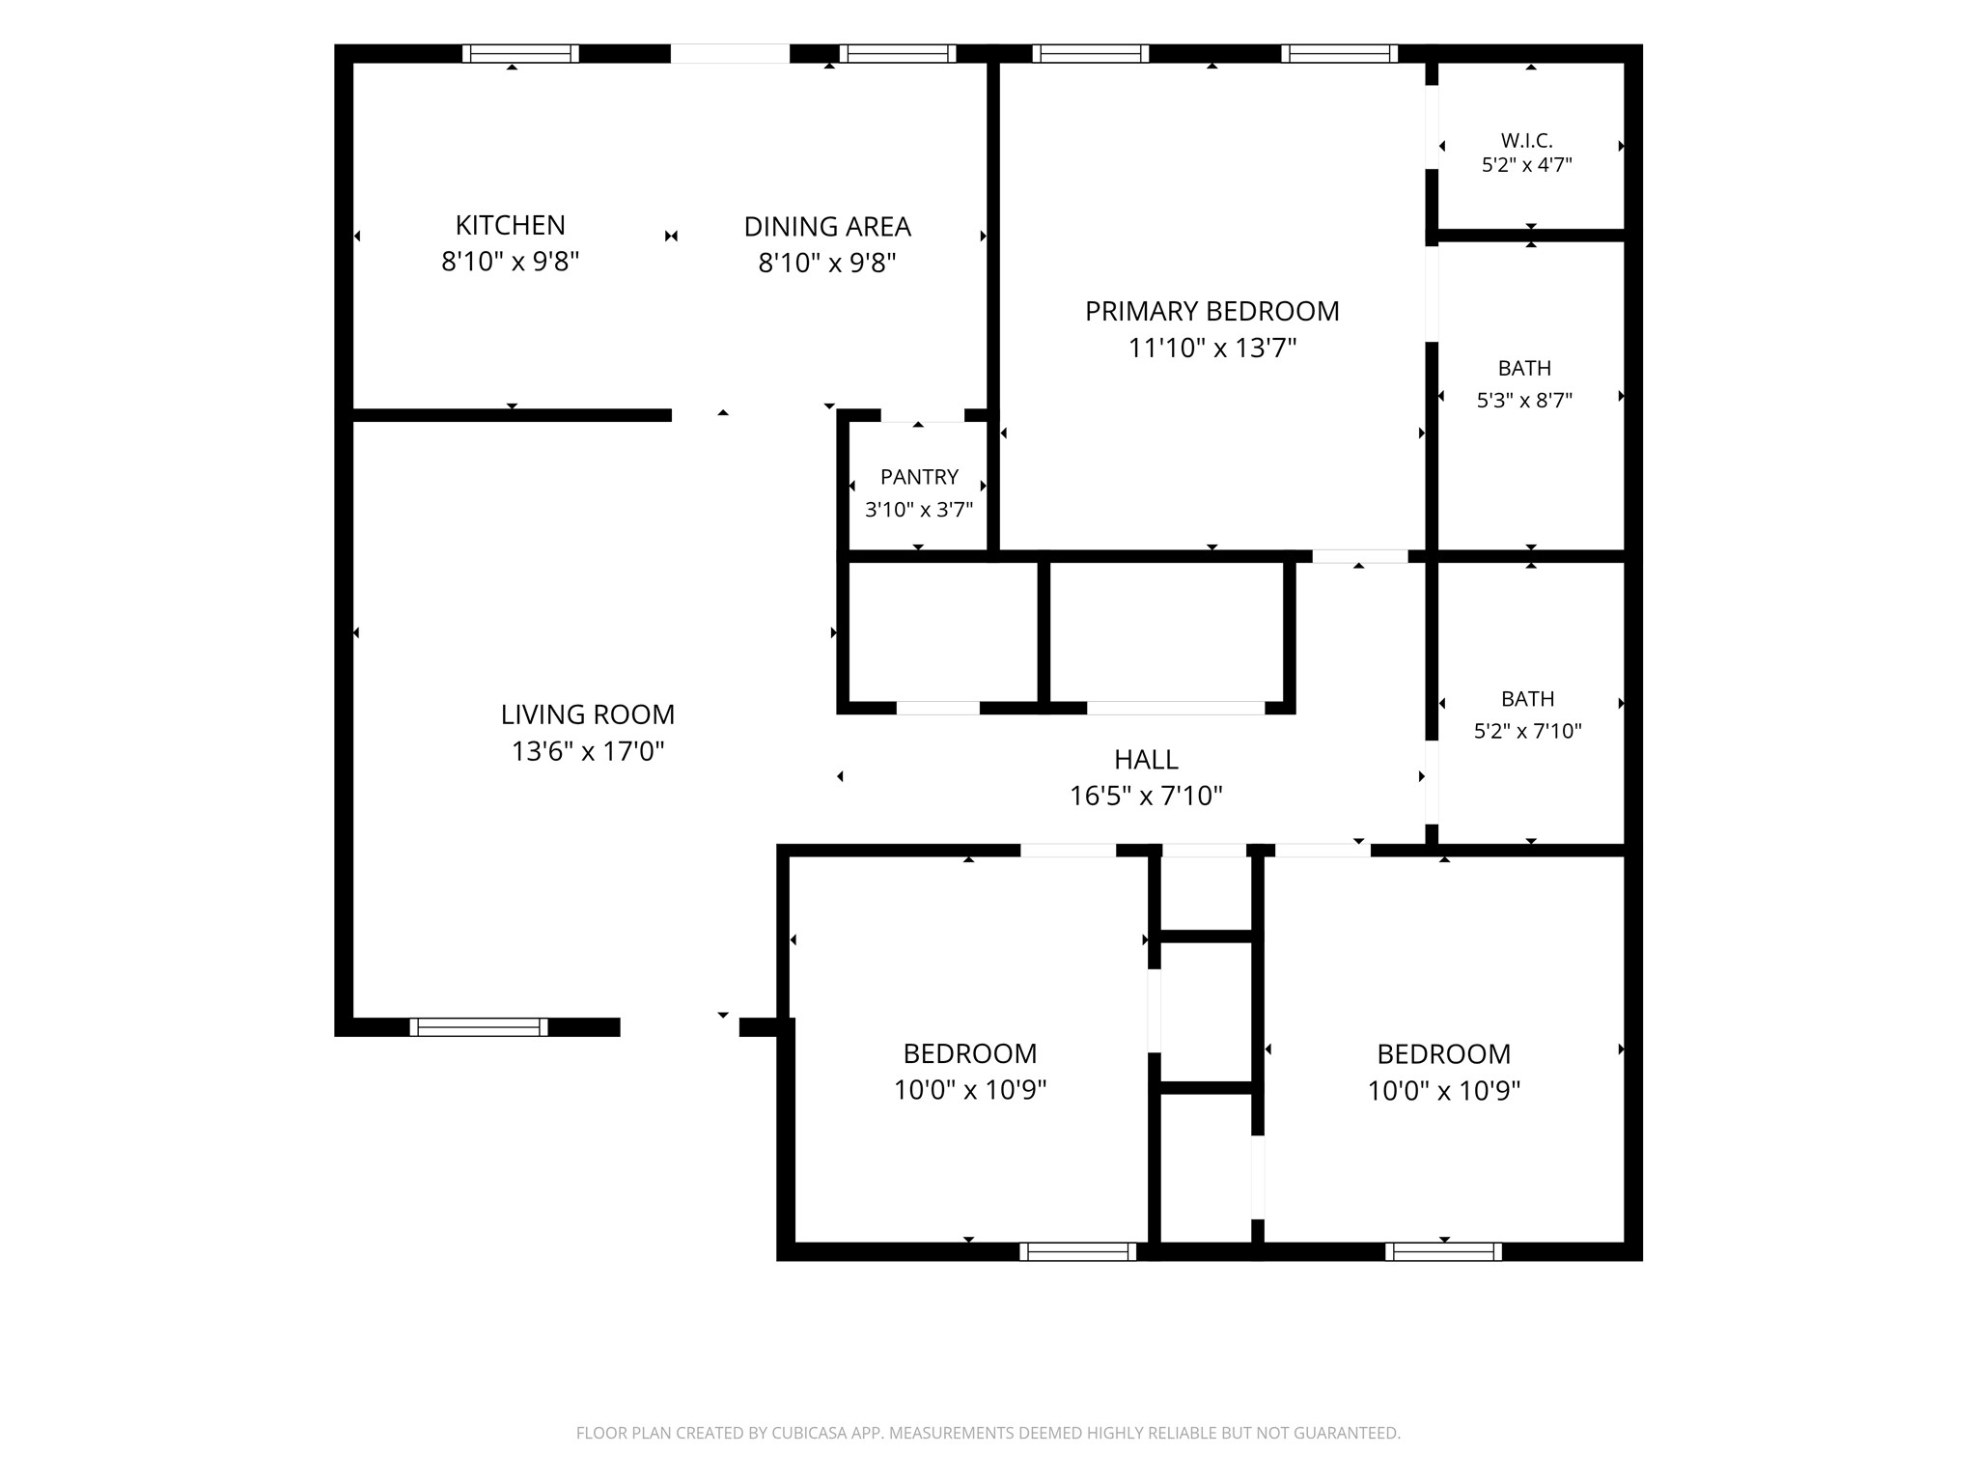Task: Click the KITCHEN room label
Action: (x=510, y=225)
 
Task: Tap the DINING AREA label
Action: (x=827, y=227)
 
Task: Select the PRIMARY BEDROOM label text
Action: (x=1211, y=311)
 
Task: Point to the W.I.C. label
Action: (x=1526, y=141)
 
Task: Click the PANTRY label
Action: (x=919, y=477)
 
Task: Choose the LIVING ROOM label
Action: (x=587, y=714)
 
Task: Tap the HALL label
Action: (x=1146, y=760)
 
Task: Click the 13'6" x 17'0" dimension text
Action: (x=588, y=751)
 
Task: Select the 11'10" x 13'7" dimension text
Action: (x=1212, y=348)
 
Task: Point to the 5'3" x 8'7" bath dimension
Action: (x=1524, y=400)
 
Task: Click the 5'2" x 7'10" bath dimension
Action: (x=1527, y=731)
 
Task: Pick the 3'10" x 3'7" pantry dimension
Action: (x=919, y=510)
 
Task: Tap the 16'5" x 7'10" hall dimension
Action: (x=1146, y=797)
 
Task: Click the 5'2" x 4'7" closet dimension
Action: (x=1526, y=165)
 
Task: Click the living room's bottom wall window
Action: (x=479, y=1027)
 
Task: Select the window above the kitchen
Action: (x=520, y=53)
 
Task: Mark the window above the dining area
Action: (x=898, y=53)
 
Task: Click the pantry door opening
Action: (x=923, y=416)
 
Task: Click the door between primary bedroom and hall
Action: (x=1360, y=556)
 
